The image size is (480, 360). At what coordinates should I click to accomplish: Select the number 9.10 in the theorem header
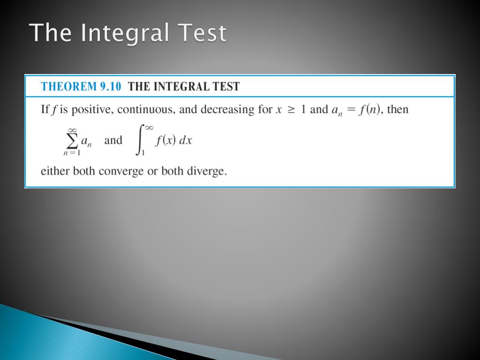tap(110, 86)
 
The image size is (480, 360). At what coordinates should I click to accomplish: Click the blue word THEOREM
tap(68, 86)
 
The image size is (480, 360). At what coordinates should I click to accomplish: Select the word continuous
tap(146, 110)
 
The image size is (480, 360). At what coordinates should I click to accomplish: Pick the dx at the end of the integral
tap(187, 141)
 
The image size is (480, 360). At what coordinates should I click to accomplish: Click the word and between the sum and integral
tap(113, 140)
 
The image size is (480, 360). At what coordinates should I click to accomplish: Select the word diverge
tap(207, 171)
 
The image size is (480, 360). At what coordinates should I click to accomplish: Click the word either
tap(55, 171)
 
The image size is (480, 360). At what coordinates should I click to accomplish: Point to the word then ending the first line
tap(397, 110)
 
